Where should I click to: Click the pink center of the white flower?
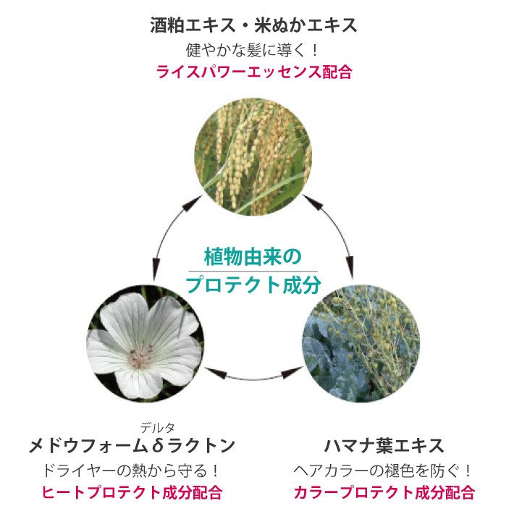(137, 357)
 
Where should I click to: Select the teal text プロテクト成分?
(253, 284)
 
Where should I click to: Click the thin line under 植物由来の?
(252, 271)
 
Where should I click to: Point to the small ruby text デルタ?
(159, 427)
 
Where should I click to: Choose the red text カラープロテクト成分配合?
(384, 493)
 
